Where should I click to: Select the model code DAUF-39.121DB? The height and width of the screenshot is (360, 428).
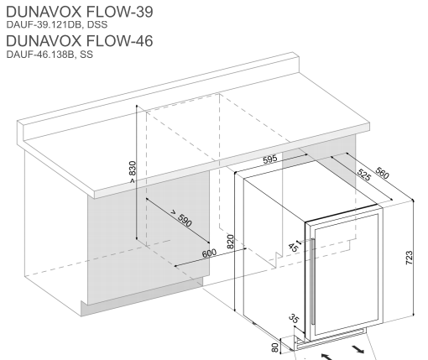[37, 25]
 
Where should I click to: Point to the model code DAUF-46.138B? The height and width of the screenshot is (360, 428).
[35, 55]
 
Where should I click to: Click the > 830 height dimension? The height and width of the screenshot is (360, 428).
[131, 172]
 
